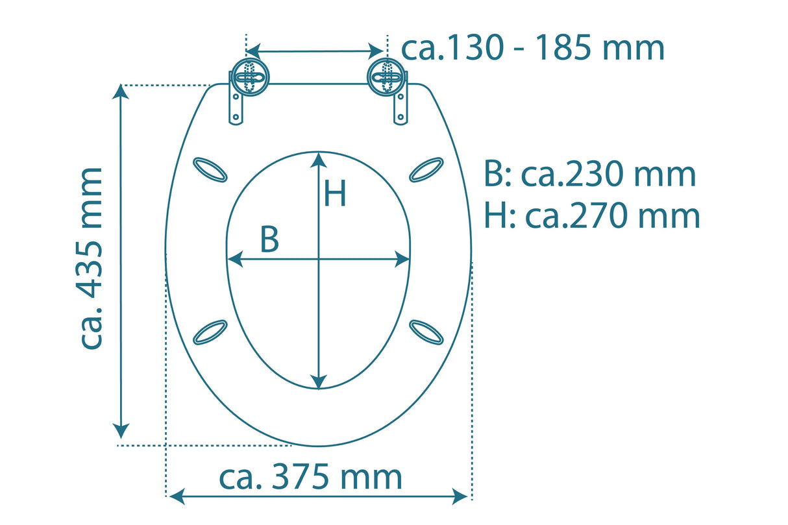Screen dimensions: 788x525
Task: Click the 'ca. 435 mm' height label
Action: pos(92,258)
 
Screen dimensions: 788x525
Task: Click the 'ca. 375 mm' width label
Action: pos(310,478)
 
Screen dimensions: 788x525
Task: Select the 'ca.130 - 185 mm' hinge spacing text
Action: pos(533,48)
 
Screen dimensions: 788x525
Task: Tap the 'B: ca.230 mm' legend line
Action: pos(589,175)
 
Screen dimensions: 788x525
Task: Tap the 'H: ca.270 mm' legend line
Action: pos(592,216)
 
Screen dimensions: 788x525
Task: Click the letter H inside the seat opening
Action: pos(335,194)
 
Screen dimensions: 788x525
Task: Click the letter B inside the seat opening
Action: pos(269,240)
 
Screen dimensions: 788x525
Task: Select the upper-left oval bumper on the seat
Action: pos(210,170)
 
